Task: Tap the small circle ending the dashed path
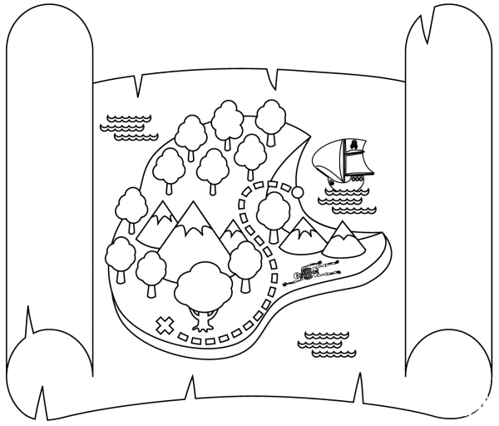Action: pos(296,192)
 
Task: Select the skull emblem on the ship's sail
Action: pos(355,146)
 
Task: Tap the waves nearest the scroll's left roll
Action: pos(126,124)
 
